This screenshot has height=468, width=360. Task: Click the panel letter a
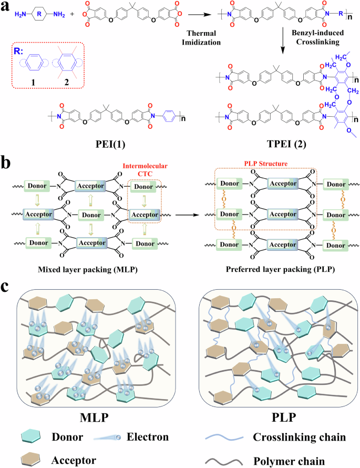(x=7, y=7)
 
